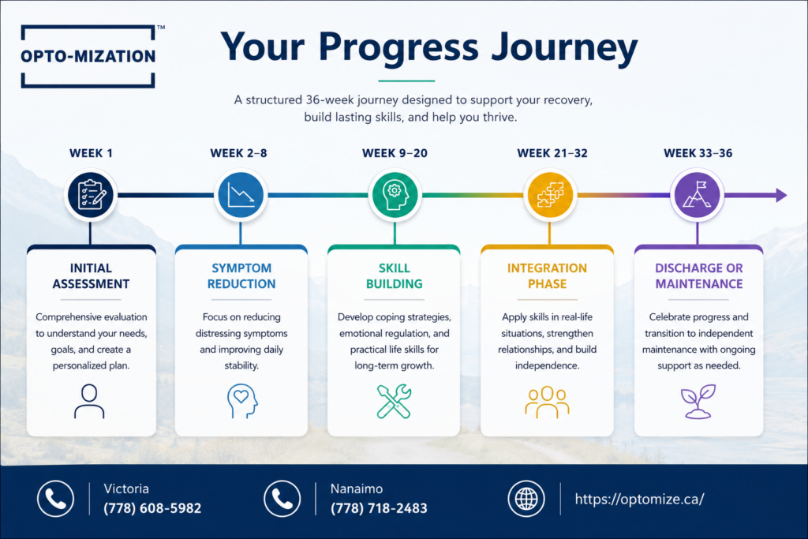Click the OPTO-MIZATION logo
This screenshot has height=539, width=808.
click(x=88, y=56)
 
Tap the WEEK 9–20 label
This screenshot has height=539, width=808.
click(x=395, y=153)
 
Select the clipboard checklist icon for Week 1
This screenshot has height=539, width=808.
click(x=92, y=195)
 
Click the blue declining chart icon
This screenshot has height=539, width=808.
click(x=241, y=195)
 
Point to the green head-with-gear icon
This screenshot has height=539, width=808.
click(x=395, y=195)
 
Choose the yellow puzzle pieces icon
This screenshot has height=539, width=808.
click(x=550, y=195)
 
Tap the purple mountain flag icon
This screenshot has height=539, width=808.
click(x=698, y=195)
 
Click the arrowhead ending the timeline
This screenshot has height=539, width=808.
click(x=781, y=195)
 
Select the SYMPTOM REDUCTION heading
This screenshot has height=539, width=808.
click(x=241, y=275)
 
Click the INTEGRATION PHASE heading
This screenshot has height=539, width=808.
click(x=548, y=275)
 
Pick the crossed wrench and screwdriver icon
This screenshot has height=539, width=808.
click(x=395, y=401)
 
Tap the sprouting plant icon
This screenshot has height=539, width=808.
click(x=698, y=401)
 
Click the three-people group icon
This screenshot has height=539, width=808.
click(x=548, y=402)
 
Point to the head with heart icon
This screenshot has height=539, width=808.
click(x=242, y=401)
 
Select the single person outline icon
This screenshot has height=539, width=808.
click(x=89, y=401)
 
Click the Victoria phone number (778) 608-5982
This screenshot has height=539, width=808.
click(x=152, y=508)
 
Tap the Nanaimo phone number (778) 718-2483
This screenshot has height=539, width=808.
click(x=379, y=508)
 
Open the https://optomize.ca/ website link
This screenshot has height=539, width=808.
click(x=639, y=499)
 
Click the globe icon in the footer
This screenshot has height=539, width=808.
click(x=526, y=499)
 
